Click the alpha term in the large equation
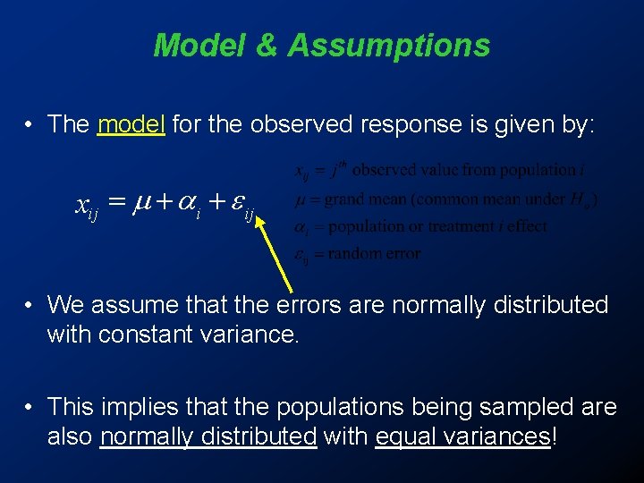coord(191,208)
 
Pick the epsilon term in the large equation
coord(241,208)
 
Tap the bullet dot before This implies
coord(30,408)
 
